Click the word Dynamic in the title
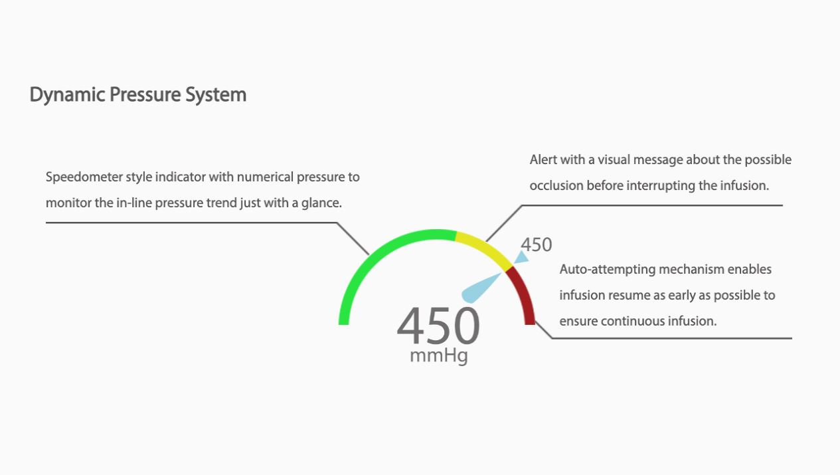(x=67, y=95)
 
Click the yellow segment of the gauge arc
(x=486, y=248)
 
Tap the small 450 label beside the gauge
(x=537, y=244)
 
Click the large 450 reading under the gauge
(x=438, y=326)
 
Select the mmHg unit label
(x=439, y=355)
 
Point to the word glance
(x=321, y=203)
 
